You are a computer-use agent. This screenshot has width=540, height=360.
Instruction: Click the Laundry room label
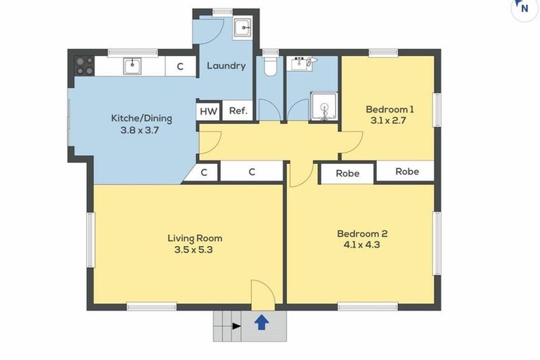click(x=226, y=66)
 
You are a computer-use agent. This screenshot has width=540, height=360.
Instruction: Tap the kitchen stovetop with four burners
click(x=84, y=66)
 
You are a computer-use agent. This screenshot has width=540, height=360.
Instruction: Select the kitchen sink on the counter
click(x=133, y=66)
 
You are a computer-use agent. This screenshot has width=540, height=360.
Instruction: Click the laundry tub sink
click(x=243, y=27)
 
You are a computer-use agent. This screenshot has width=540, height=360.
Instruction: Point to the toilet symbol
click(x=270, y=66)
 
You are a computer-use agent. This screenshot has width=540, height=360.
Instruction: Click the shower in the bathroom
click(x=323, y=106)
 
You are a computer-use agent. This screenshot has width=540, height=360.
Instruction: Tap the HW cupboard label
click(x=208, y=111)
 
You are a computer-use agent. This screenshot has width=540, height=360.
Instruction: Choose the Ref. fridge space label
click(x=238, y=110)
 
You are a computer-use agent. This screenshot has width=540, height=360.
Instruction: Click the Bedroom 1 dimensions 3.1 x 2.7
click(x=388, y=120)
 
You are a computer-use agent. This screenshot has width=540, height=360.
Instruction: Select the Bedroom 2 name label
click(x=362, y=233)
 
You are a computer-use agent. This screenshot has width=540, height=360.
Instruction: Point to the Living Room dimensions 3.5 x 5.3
click(x=193, y=250)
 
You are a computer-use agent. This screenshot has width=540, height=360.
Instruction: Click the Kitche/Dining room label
click(x=141, y=118)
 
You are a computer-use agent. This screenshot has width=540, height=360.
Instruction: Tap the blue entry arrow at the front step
click(x=262, y=323)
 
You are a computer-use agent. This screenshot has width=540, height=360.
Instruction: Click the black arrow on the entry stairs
click(x=236, y=326)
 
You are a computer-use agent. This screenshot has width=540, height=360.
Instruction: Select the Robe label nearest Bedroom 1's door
click(x=347, y=173)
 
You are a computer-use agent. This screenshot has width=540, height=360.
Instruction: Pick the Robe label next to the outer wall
click(x=407, y=172)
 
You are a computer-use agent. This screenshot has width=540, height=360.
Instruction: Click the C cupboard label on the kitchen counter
click(x=180, y=67)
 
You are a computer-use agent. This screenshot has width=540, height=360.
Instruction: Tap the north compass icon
click(x=525, y=8)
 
